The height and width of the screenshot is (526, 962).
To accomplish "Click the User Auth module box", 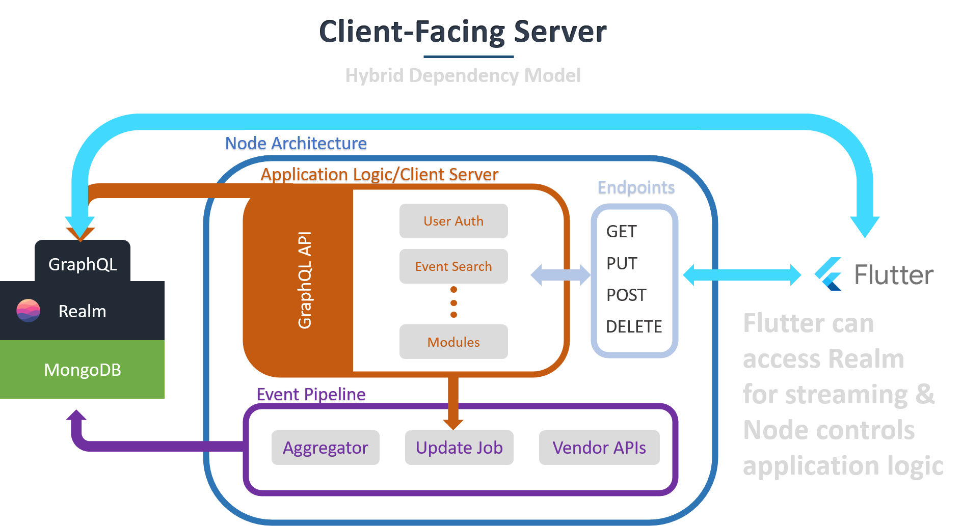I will click(x=453, y=221).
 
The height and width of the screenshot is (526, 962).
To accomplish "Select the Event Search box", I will click(x=453, y=266).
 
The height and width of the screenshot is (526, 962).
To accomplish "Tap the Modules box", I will click(x=453, y=342).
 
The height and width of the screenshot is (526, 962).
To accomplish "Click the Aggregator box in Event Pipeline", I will click(x=325, y=448).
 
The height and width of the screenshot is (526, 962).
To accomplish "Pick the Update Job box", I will click(x=459, y=448).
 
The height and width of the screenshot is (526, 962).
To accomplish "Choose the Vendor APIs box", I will click(x=599, y=448).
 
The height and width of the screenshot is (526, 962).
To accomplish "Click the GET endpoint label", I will click(x=621, y=232).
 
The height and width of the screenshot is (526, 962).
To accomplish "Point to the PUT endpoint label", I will click(x=622, y=263).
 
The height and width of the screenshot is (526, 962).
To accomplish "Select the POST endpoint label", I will click(x=626, y=295).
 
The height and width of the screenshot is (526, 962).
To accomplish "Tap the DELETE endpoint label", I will click(x=634, y=326).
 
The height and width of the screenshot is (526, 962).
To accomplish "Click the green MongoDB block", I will click(x=83, y=370).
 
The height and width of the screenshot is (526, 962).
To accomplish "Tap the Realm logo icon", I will click(x=29, y=311).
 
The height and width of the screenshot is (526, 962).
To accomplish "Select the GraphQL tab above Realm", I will click(x=83, y=264).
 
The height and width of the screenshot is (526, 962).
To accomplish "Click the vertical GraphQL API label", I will click(x=305, y=280).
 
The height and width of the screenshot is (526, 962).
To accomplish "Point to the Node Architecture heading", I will click(x=296, y=145).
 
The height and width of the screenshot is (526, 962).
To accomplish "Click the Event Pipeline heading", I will click(x=311, y=395).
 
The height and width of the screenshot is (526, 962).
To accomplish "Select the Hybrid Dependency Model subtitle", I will click(x=463, y=75).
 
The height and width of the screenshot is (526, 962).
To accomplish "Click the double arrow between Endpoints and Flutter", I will click(x=742, y=275).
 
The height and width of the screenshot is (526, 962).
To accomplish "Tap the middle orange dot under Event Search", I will click(x=453, y=302).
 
